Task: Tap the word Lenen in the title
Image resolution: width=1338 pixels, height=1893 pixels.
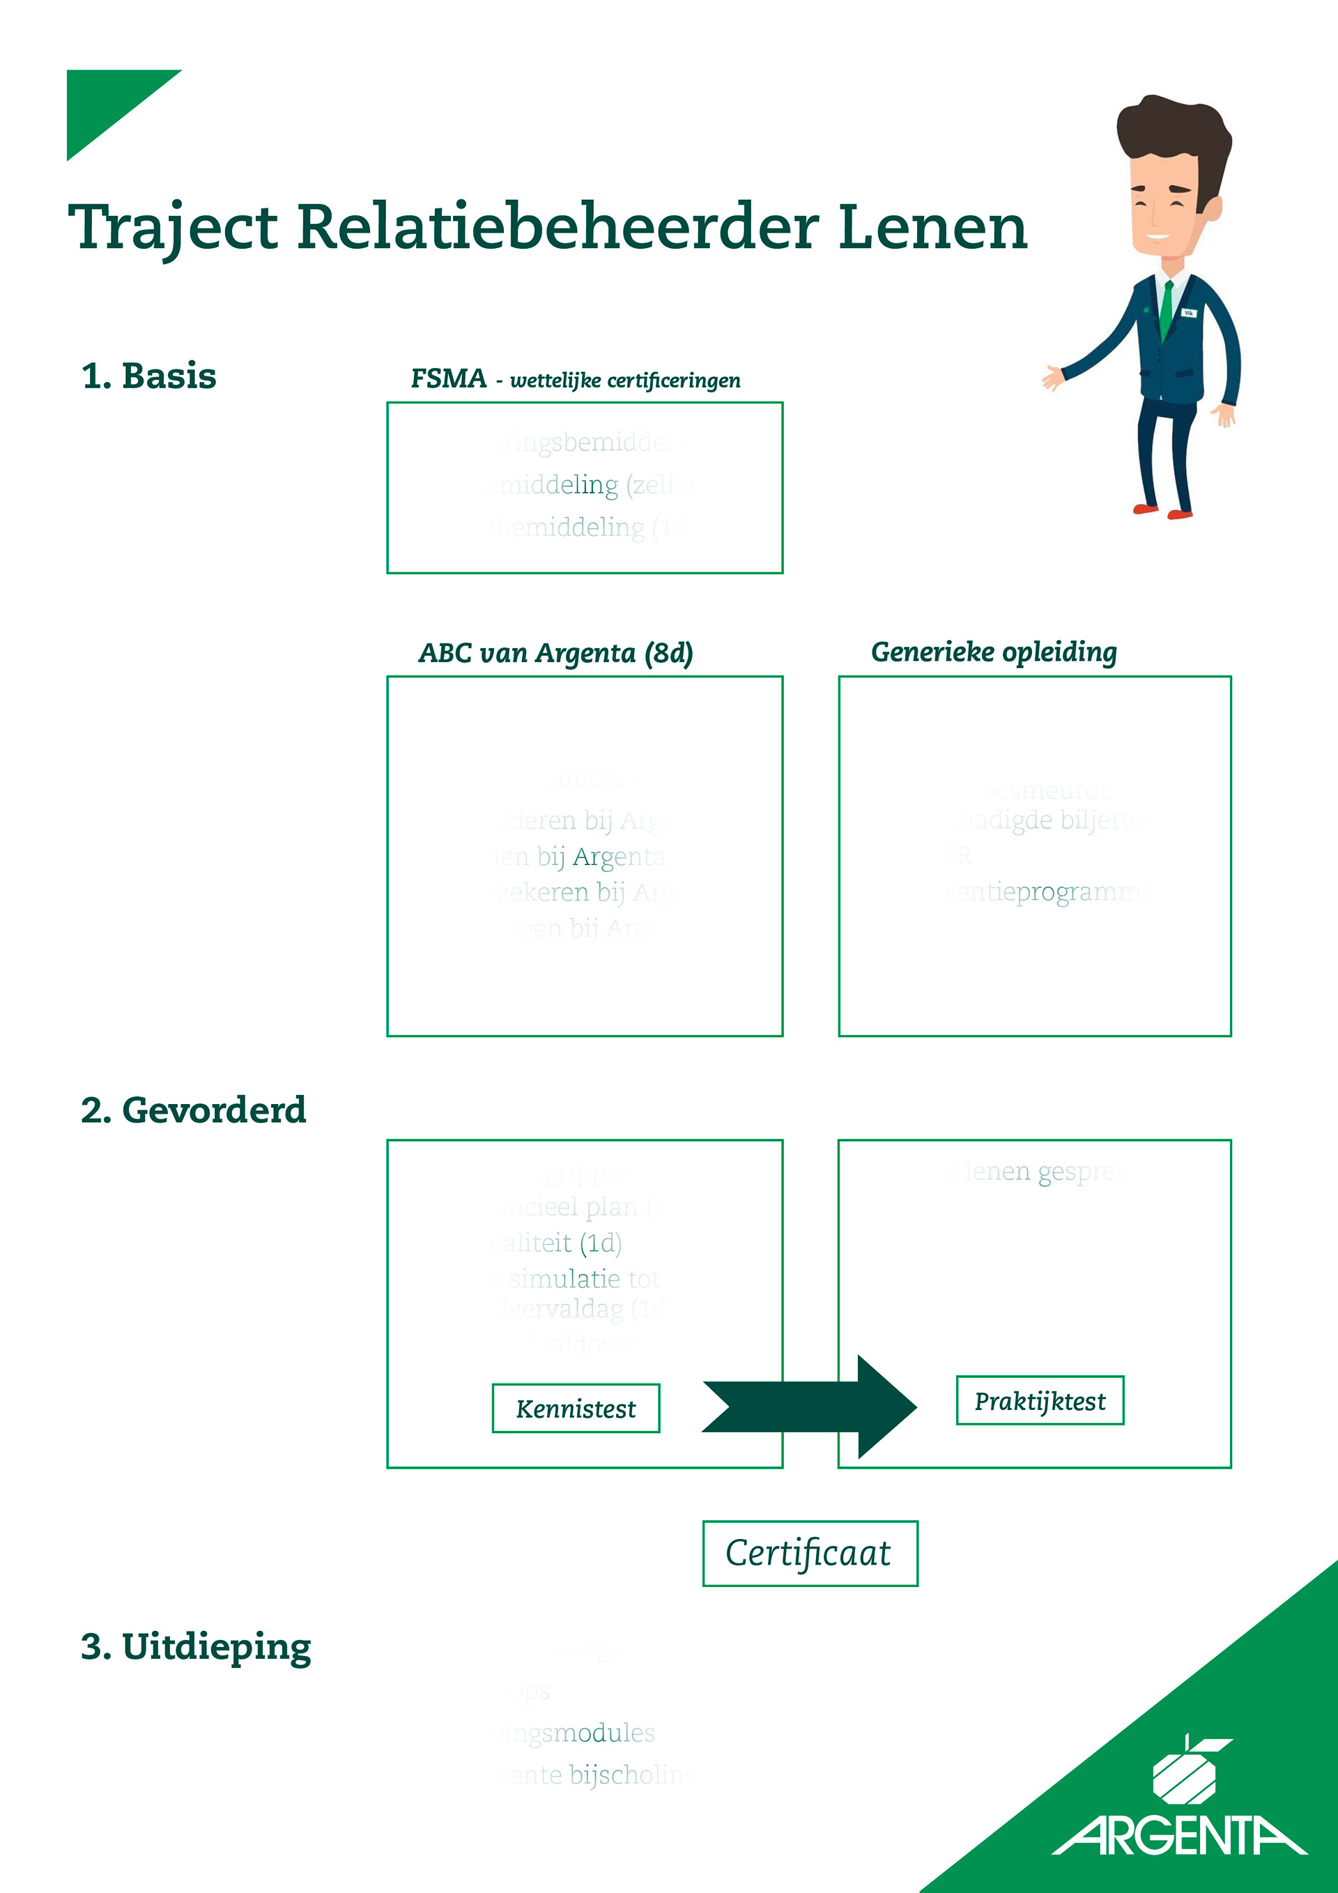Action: point(932,227)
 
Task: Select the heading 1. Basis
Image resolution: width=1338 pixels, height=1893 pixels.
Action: point(148,376)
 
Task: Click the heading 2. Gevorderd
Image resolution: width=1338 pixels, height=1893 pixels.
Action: point(193,1110)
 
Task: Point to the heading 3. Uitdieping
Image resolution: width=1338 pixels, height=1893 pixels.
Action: point(197,1646)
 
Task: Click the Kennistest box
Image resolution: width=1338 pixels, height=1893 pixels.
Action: point(576,1408)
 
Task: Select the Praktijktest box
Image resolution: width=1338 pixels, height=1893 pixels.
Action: point(1040,1401)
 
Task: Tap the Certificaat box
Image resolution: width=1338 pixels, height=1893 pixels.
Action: point(810,1554)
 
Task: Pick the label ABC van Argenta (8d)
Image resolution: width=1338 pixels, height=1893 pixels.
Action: point(555,653)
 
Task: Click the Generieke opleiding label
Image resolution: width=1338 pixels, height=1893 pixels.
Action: point(994,652)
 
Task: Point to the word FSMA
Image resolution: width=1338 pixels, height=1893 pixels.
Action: point(449,378)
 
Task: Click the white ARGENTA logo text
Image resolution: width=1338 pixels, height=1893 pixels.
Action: point(1180,1835)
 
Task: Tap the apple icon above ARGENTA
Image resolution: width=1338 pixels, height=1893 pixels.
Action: point(1185,1770)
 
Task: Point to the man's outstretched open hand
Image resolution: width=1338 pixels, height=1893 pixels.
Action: point(1052,378)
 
